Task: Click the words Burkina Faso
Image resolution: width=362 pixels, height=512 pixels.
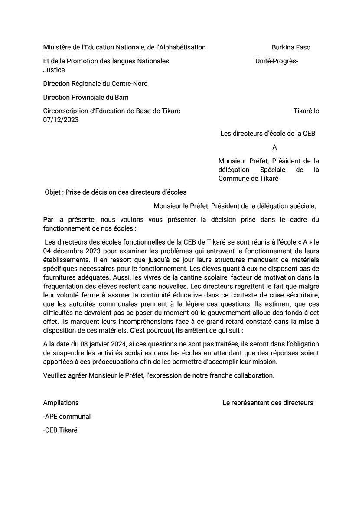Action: tap(291, 47)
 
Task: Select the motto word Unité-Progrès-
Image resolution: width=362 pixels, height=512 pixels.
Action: tap(277, 61)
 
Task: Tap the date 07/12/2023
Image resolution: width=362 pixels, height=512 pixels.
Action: tap(61, 120)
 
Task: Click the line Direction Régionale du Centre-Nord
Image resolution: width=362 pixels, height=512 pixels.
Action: tap(95, 83)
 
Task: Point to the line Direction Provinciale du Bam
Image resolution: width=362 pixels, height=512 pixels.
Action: tap(86, 97)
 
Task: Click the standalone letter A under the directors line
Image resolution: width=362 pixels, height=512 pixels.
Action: tap(274, 147)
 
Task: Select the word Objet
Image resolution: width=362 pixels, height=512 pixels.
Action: tap(53, 192)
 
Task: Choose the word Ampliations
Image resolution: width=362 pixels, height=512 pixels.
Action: tap(61, 403)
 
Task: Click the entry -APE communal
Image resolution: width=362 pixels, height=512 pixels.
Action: tap(67, 417)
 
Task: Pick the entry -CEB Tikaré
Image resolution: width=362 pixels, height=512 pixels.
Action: tap(60, 430)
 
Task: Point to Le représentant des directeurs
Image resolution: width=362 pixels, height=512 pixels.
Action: tap(267, 403)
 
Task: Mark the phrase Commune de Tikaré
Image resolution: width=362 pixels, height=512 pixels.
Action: tap(248, 179)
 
